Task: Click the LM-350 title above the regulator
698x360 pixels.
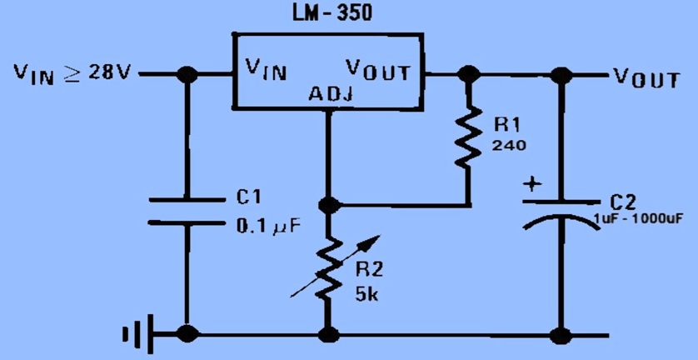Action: [332, 13]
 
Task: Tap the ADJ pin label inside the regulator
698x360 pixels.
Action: [331, 94]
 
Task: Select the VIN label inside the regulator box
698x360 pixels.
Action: [267, 70]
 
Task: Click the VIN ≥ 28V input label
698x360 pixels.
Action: [72, 72]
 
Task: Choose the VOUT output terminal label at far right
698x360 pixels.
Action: [646, 78]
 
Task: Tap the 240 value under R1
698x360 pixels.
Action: [509, 145]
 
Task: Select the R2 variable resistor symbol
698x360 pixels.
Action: [329, 268]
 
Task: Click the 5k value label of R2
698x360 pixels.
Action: [366, 294]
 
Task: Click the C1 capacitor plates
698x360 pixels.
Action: [187, 211]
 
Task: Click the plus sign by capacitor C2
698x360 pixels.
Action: [532, 184]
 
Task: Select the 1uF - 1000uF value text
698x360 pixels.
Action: [637, 219]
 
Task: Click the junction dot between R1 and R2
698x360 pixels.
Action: [330, 205]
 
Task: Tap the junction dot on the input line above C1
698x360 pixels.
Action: [187, 74]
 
